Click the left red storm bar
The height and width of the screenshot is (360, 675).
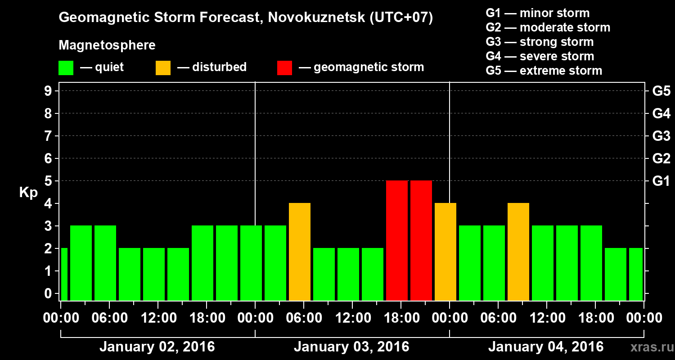click(397, 240)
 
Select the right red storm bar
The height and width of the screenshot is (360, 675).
click(421, 240)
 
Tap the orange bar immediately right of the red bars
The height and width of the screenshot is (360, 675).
click(445, 252)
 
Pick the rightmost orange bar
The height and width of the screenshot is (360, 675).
click(518, 252)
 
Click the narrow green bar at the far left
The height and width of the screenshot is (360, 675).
click(64, 274)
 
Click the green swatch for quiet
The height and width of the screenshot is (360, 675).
click(66, 68)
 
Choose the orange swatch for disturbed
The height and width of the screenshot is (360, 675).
click(163, 68)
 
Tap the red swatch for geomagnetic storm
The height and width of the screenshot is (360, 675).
click(284, 68)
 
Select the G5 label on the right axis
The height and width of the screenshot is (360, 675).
click(661, 91)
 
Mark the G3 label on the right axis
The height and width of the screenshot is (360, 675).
click(661, 136)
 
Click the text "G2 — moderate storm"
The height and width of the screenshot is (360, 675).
click(548, 27)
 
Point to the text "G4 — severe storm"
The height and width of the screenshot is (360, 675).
click(540, 56)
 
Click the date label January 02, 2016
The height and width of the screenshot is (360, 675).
click(157, 347)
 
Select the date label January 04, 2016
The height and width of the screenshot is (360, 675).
click(546, 347)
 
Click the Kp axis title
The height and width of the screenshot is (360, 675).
click(28, 193)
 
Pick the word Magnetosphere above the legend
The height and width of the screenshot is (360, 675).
click(107, 45)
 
